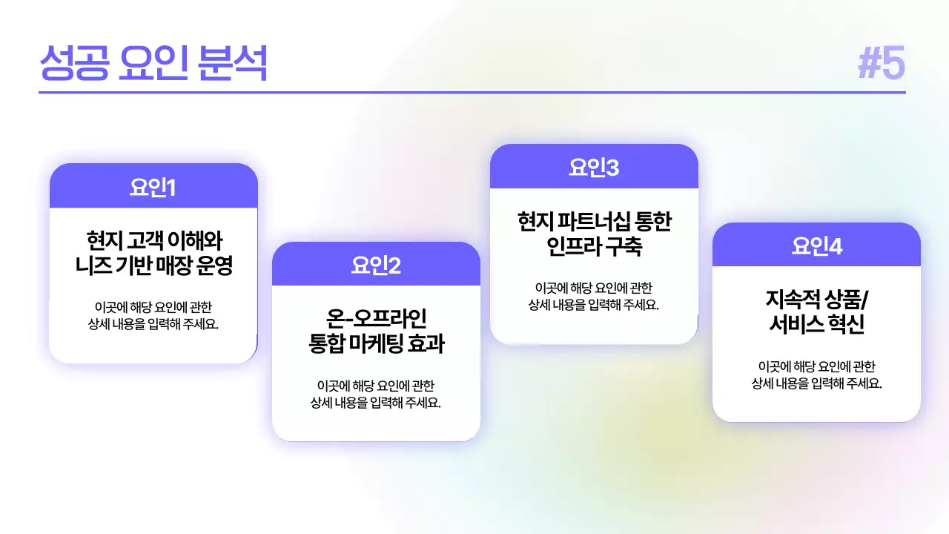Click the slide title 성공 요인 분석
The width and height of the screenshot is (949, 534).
click(153, 64)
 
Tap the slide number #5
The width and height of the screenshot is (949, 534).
click(882, 64)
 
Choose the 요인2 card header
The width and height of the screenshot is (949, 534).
click(376, 266)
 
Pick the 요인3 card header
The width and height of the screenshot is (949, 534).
click(594, 168)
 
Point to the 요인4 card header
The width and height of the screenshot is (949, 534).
click(816, 245)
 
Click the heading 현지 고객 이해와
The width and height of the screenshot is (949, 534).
click(154, 241)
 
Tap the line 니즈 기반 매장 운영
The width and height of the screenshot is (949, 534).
click(154, 266)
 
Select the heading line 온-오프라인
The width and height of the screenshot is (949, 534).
click(376, 320)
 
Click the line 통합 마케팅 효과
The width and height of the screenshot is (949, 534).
click(376, 344)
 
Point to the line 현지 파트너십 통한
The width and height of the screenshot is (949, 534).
click(594, 222)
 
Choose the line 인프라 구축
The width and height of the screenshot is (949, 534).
click(594, 246)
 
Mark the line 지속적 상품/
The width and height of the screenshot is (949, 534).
click(816, 300)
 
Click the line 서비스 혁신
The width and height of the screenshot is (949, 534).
click(816, 325)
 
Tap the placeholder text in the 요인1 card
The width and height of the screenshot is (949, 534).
click(153, 315)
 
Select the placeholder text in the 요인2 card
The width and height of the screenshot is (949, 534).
click(376, 395)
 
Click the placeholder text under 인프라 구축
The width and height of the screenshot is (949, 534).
click(594, 296)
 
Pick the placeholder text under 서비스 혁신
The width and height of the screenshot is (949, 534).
click(816, 375)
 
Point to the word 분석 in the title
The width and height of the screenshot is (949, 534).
click(233, 64)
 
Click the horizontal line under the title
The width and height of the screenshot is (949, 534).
click(472, 93)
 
